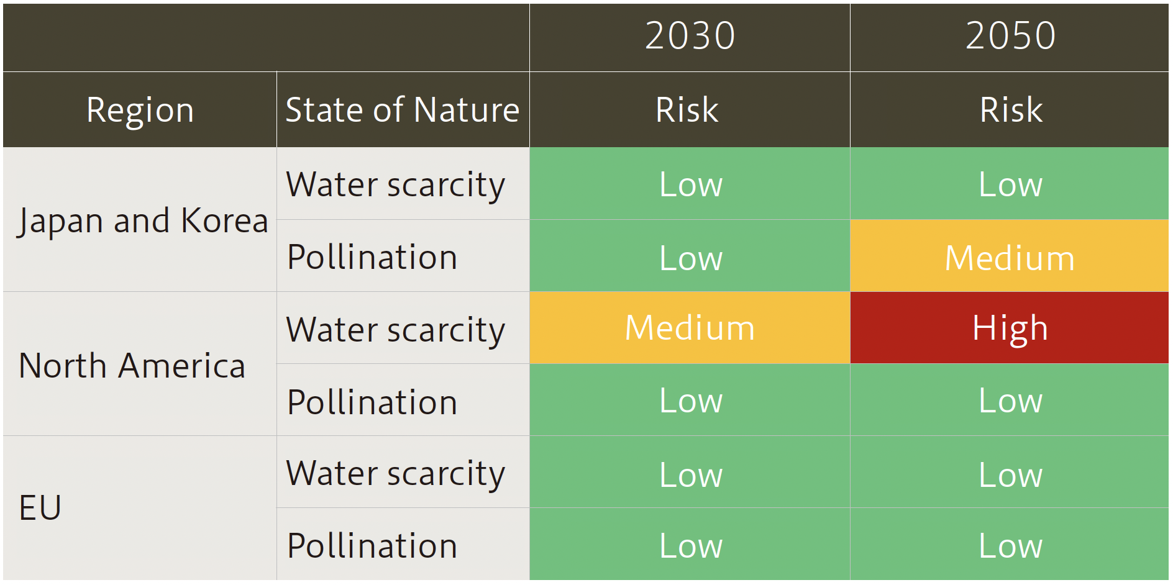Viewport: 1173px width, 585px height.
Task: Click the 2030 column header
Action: (690, 36)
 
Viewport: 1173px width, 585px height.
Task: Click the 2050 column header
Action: (1010, 36)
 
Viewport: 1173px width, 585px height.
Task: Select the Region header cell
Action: (140, 110)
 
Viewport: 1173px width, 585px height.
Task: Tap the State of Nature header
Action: (403, 110)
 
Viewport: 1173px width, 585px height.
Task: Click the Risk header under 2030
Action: (687, 110)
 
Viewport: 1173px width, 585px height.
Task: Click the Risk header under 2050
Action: (1011, 110)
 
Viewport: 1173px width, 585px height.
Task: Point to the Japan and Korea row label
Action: (142, 220)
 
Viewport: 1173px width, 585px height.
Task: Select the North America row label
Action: (132, 365)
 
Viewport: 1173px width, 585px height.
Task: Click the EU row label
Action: (40, 507)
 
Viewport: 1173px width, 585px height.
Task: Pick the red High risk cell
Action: (1010, 328)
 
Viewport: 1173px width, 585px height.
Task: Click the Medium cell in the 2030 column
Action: (690, 328)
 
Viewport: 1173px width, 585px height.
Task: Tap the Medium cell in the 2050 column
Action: (1010, 257)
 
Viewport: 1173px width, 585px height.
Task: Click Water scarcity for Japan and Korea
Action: (396, 184)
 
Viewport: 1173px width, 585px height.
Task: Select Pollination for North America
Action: (372, 401)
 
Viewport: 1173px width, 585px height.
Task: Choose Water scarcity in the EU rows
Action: (396, 473)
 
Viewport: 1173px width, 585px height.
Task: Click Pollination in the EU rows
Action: (372, 545)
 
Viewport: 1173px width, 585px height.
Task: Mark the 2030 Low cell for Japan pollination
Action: (690, 257)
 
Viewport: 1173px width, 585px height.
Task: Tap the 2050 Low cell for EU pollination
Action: (1010, 545)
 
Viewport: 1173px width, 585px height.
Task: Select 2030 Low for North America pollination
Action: (690, 401)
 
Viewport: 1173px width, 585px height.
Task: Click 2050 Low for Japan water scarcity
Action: (1010, 184)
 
